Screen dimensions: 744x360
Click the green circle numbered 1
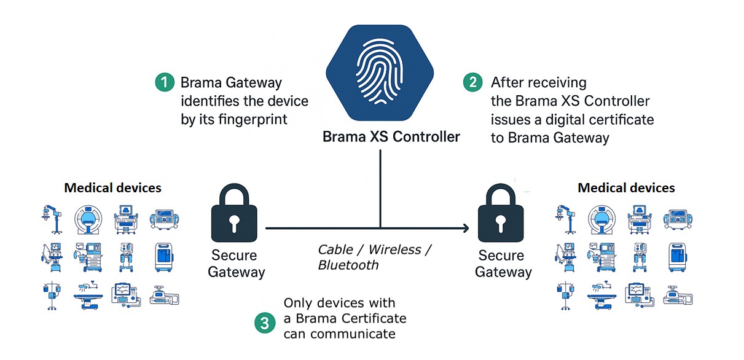click(165, 82)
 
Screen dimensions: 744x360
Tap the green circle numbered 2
click(472, 82)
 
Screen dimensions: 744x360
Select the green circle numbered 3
click(265, 323)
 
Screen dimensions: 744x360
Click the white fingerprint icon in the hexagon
click(380, 72)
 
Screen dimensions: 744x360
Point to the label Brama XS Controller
click(391, 137)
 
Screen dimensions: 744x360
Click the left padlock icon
click(234, 213)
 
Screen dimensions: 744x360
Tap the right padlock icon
click(501, 213)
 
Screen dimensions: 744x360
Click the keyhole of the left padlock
click(234, 223)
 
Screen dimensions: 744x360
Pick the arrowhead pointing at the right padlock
click(466, 228)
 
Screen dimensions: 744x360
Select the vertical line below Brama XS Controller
click(380, 189)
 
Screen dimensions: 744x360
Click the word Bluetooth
click(348, 265)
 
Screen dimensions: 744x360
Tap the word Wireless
click(394, 249)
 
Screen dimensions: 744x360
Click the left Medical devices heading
click(112, 188)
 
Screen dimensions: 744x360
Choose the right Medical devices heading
click(627, 188)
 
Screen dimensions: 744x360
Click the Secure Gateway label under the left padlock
click(235, 264)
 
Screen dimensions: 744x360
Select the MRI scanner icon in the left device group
click(88, 219)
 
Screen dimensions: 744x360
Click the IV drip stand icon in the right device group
click(565, 295)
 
